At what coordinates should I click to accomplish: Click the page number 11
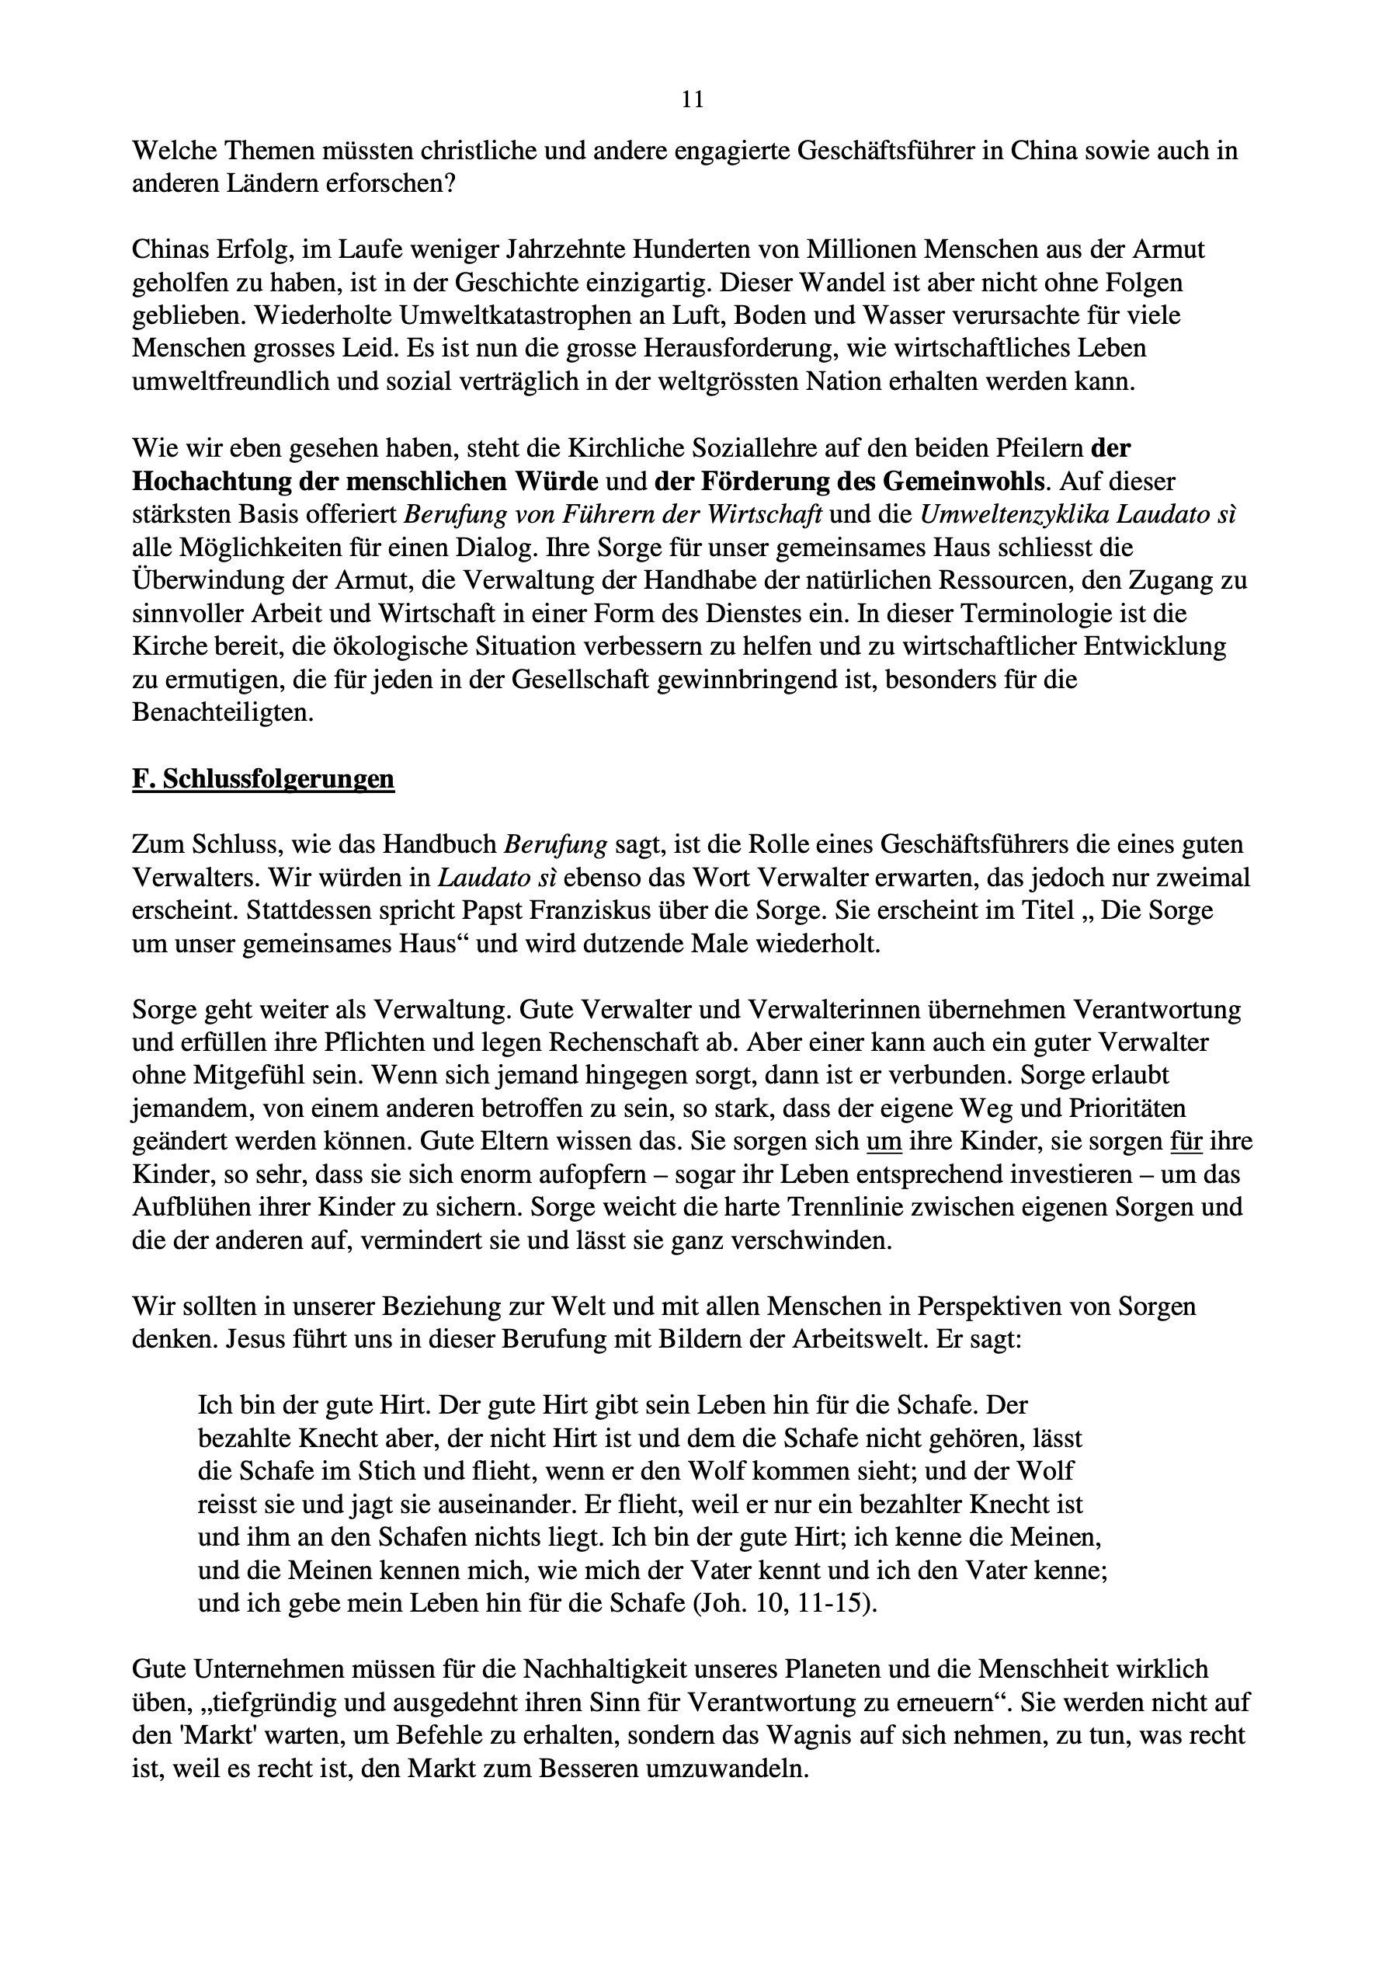coord(693,101)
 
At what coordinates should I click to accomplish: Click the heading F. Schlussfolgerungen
coord(263,778)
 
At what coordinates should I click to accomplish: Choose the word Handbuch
coord(439,844)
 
